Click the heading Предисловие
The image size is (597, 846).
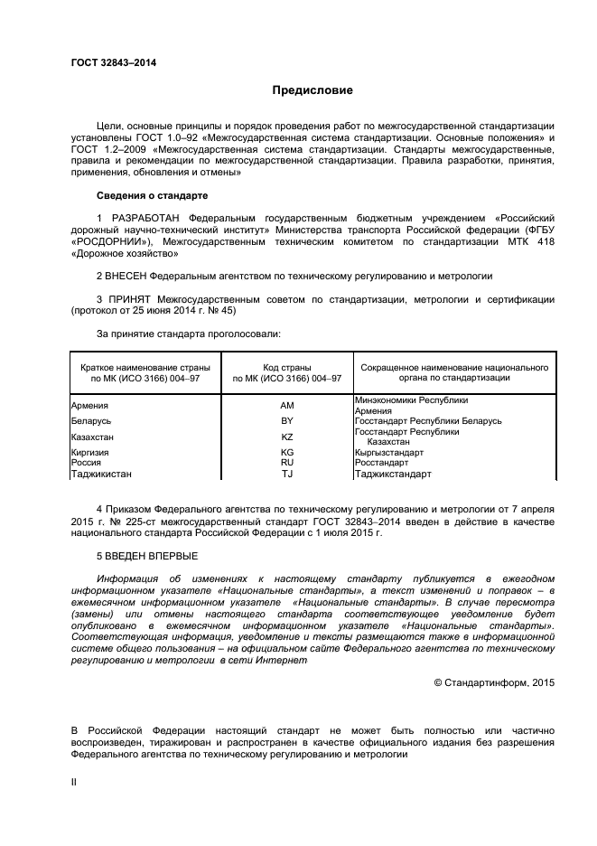coord(313,90)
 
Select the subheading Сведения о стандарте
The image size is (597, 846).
coord(152,195)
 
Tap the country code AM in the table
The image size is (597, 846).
coord(287,406)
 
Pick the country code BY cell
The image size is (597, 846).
coord(287,421)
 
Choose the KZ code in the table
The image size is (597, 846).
coord(287,437)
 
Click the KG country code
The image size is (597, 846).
coord(287,452)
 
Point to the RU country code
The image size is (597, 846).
coord(287,462)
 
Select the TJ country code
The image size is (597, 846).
coord(287,473)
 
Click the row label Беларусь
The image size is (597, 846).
coord(91,421)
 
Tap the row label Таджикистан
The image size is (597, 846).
coord(101,473)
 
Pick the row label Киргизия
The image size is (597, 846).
coord(89,452)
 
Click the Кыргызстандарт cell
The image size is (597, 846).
coord(389,452)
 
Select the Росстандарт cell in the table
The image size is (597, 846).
coord(382,462)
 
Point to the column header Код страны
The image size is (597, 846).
coord(287,368)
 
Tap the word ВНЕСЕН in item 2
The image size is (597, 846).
coord(128,275)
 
